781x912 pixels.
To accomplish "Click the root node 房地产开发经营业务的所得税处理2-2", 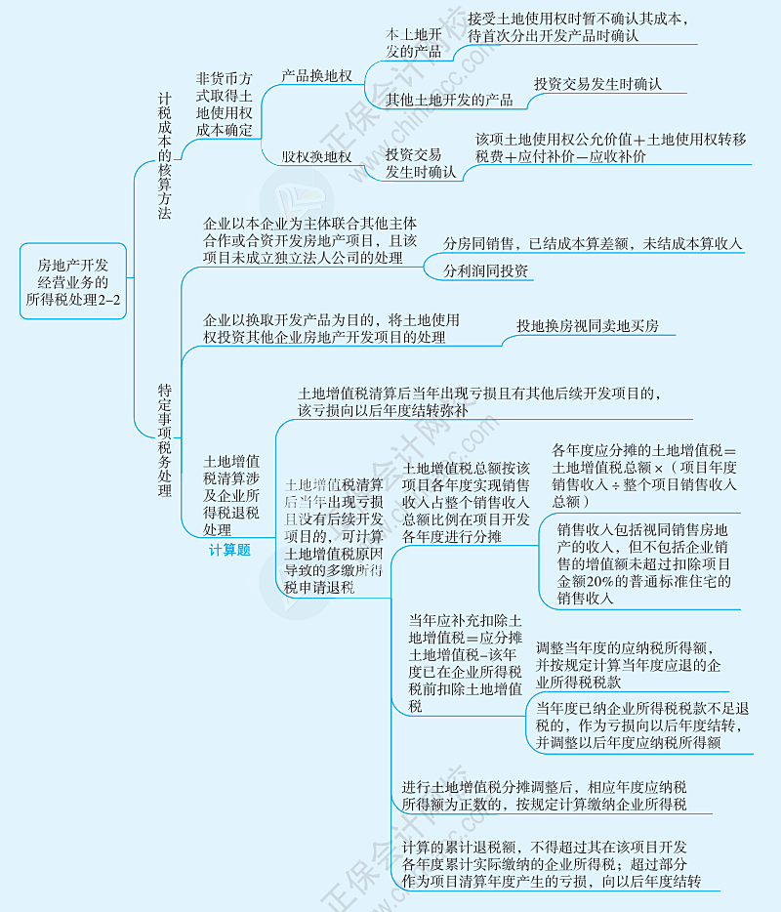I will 74,282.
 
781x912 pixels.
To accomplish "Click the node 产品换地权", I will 316,75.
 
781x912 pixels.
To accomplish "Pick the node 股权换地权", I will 316,156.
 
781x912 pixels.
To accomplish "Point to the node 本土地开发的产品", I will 414,43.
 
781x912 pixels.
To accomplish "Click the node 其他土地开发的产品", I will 449,100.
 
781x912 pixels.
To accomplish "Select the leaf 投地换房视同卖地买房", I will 588,326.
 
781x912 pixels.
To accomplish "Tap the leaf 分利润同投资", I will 485,270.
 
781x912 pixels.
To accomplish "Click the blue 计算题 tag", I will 229,550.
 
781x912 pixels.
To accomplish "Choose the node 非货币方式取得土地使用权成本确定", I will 225,104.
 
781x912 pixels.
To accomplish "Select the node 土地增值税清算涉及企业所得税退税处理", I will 230,494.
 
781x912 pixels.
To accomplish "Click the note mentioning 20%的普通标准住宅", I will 644,563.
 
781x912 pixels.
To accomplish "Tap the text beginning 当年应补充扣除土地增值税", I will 466,663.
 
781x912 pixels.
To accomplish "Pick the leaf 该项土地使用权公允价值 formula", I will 609,147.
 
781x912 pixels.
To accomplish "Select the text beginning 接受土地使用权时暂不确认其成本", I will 576,26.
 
